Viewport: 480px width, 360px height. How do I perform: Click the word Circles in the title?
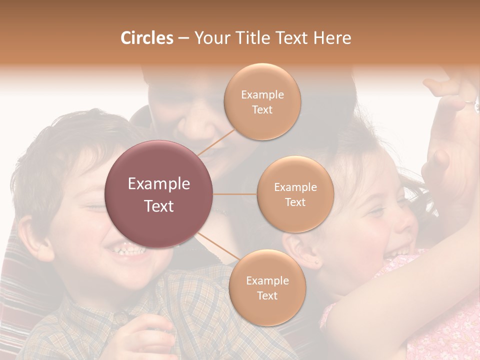(147, 38)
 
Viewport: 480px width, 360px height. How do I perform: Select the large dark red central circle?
(159, 194)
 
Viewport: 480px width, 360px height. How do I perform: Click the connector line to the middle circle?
(235, 194)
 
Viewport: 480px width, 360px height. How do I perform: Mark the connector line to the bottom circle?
(219, 247)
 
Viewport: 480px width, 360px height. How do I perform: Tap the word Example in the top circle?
(262, 95)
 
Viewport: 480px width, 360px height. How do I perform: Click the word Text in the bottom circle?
(267, 295)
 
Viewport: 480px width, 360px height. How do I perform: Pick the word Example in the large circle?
(159, 184)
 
